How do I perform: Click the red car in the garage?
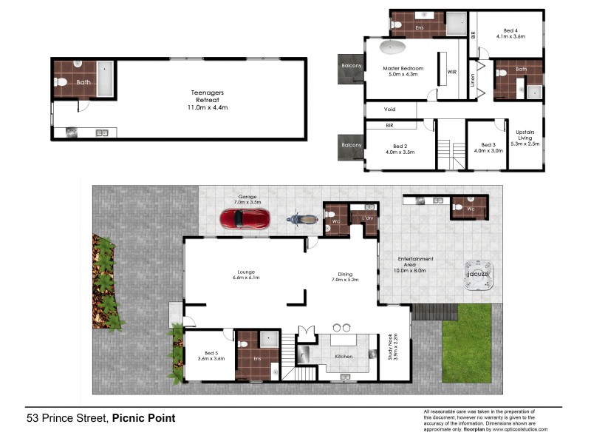point(244,219)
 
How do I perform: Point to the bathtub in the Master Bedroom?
point(392,50)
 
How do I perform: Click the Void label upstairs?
point(389,110)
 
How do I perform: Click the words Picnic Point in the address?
point(143,418)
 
